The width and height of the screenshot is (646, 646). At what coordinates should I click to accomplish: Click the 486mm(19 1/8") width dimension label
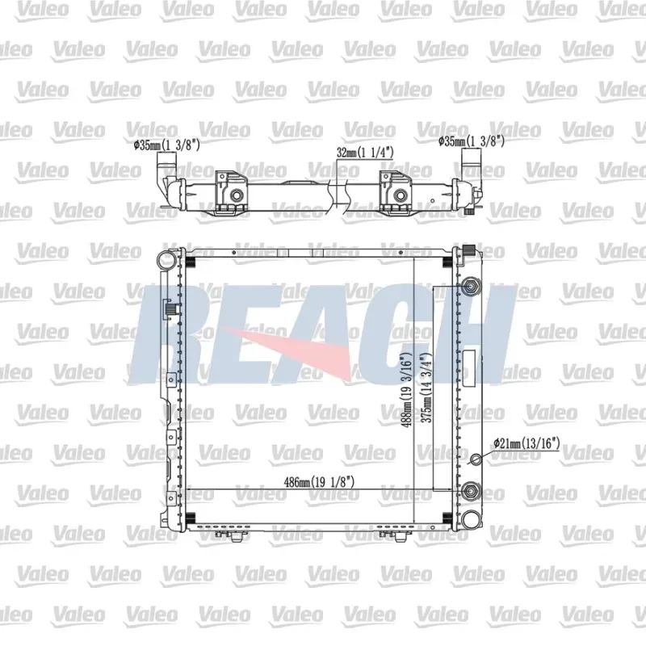[x=319, y=481]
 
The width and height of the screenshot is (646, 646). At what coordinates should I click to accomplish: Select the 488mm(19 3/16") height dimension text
[x=407, y=390]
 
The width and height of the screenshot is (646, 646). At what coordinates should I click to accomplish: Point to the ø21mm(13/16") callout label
[x=526, y=443]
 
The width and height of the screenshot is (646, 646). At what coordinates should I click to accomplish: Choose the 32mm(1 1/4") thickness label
[x=365, y=153]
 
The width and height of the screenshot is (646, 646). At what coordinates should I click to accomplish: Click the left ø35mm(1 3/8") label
[x=167, y=145]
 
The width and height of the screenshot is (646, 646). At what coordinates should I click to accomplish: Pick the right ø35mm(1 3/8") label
[x=472, y=142]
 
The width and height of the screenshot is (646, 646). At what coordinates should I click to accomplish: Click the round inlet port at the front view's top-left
[x=166, y=261]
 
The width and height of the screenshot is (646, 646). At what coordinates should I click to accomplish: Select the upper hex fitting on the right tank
[x=471, y=287]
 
